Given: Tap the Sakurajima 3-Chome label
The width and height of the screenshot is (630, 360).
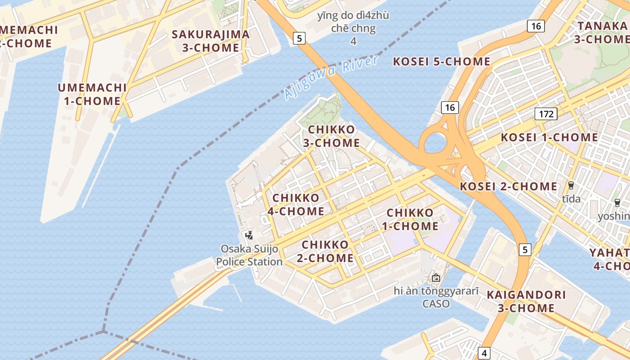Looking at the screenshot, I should click(x=211, y=41).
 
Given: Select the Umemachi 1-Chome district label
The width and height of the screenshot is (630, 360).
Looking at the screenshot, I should click(x=92, y=94).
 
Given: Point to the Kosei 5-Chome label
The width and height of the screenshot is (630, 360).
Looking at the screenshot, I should click(x=441, y=62).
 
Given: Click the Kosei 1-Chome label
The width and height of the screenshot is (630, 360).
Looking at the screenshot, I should click(x=549, y=137).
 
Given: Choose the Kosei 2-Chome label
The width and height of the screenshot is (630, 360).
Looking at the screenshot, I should click(x=508, y=186).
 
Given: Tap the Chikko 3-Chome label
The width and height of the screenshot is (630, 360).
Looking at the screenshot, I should click(x=333, y=136).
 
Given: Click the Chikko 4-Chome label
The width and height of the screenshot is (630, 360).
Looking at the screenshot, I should click(x=296, y=204).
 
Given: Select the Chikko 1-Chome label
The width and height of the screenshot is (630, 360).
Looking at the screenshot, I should click(x=410, y=219).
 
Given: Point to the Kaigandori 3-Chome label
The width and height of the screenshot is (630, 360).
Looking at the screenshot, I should click(x=526, y=301).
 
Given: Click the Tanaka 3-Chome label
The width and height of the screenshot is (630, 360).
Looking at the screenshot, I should click(x=603, y=32).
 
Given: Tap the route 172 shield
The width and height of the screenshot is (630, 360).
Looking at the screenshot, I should click(x=546, y=114).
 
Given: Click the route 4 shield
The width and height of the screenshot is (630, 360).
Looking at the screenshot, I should click(x=484, y=353).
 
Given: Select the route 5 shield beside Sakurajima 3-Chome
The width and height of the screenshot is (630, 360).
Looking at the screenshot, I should click(x=299, y=38).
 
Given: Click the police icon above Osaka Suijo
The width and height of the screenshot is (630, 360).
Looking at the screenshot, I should click(x=249, y=235).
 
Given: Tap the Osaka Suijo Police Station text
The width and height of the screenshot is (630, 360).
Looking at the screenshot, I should click(x=249, y=255).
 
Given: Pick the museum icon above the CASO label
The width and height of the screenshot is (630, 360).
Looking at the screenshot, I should click(x=436, y=278).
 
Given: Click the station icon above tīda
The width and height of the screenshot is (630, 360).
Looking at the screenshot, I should click(x=571, y=185).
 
